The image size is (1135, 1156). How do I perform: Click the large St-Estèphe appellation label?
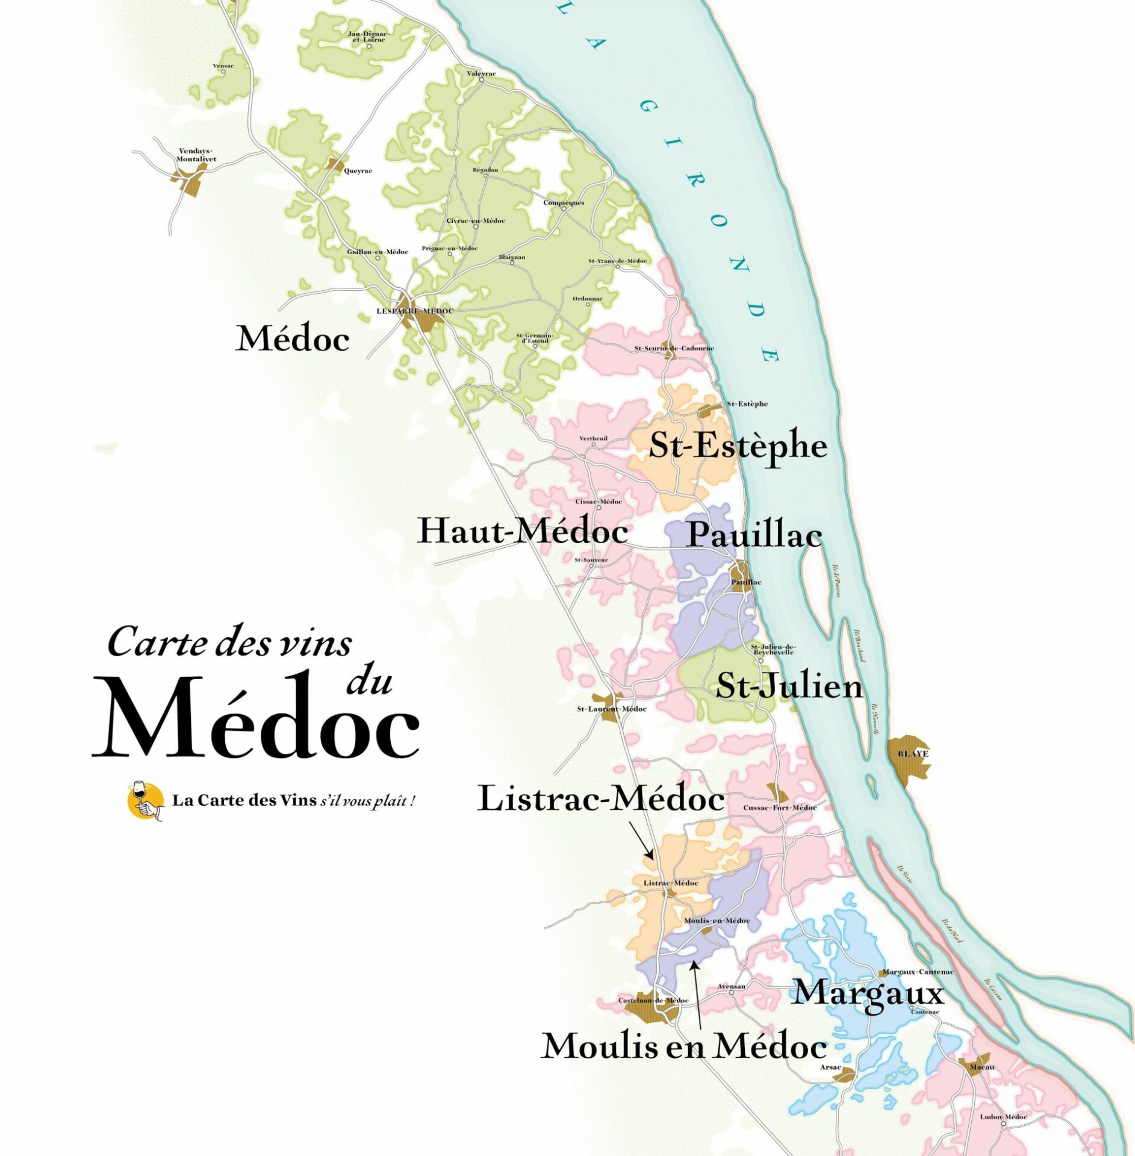click(x=738, y=446)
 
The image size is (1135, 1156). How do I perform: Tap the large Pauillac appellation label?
click(x=754, y=535)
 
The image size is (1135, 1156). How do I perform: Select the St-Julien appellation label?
click(x=789, y=686)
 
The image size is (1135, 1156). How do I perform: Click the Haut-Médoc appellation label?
click(x=523, y=531)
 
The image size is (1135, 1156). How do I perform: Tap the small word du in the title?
click(x=369, y=682)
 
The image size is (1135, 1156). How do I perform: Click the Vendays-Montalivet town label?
click(x=196, y=155)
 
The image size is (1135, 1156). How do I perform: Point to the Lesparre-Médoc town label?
click(x=414, y=311)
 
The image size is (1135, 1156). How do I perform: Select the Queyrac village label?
click(x=358, y=171)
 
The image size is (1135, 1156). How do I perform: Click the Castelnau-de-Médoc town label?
click(x=653, y=1001)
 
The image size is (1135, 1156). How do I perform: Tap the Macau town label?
click(x=982, y=1067)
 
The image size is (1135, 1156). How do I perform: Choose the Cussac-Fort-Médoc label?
click(x=780, y=808)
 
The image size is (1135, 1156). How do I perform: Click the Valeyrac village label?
click(x=482, y=73)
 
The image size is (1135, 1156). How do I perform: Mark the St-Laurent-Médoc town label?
click(x=611, y=709)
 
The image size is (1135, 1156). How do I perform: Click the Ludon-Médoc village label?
click(x=1003, y=1117)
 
